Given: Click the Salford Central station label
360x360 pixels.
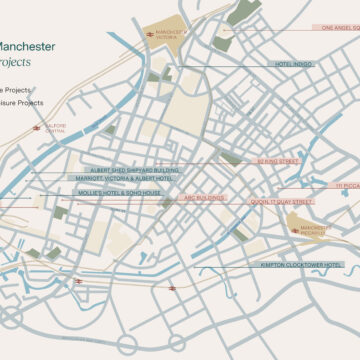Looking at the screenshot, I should [56, 128].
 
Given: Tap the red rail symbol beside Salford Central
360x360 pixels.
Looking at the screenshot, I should [36, 128].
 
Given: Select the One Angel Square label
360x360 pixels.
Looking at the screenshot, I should [335, 29].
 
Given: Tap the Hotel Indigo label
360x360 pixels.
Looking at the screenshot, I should [295, 65].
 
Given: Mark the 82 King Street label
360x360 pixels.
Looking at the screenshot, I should [279, 160].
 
